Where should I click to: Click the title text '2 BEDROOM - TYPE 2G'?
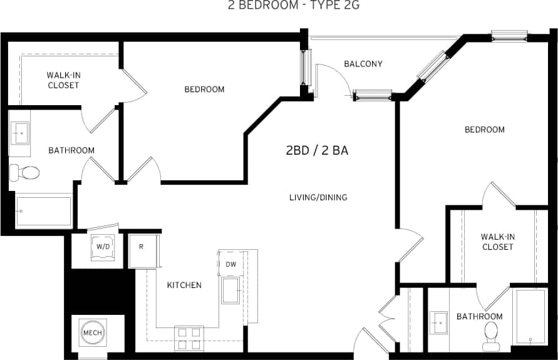point(279,6)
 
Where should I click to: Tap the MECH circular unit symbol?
point(92,332)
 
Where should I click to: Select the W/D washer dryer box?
point(101,245)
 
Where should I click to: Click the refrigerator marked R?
point(142,251)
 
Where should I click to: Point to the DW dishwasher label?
point(230,264)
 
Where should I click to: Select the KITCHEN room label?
point(184,285)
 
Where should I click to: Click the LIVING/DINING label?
point(318,198)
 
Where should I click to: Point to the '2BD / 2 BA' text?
point(317,150)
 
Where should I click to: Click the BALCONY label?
point(363,64)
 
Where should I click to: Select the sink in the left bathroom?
point(20,134)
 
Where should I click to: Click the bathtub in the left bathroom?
point(43,212)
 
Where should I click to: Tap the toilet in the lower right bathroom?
point(491,336)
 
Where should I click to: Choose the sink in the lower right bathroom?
point(439,323)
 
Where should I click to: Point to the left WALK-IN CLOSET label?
point(63,80)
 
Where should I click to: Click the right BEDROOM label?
point(484,130)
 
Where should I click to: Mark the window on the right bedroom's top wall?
point(509,36)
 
